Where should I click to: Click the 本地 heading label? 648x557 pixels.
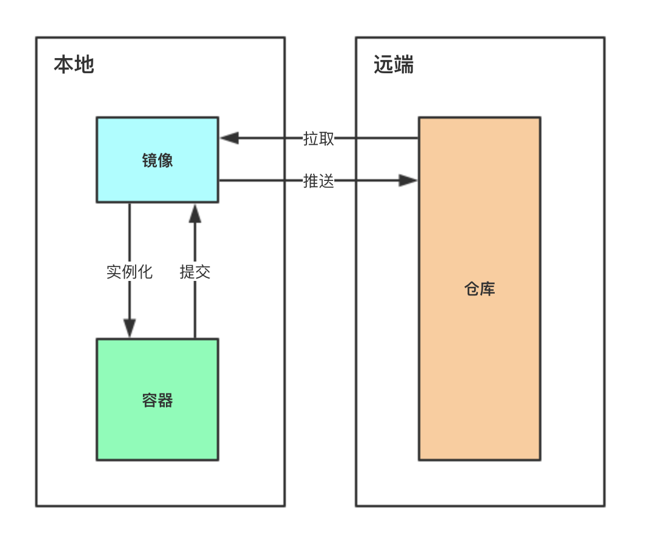(x=74, y=65)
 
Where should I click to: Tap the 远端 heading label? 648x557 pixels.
(x=394, y=65)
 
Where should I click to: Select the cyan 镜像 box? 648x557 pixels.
(x=157, y=160)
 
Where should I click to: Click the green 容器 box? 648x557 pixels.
(x=157, y=400)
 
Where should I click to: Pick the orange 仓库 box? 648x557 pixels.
(x=480, y=288)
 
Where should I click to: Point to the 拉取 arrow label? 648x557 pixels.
(x=318, y=139)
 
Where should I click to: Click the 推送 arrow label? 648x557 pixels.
(x=318, y=181)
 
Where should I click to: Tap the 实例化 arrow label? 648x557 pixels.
(x=130, y=272)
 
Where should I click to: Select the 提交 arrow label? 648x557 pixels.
(x=195, y=272)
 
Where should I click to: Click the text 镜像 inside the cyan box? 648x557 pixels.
(x=157, y=160)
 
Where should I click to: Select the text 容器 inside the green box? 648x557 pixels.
(x=157, y=400)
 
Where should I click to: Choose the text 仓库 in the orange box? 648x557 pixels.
(x=480, y=289)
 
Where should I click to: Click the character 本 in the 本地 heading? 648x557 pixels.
(x=64, y=65)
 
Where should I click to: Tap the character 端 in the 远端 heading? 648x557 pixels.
(x=404, y=65)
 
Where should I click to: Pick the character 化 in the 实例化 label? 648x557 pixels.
(x=145, y=272)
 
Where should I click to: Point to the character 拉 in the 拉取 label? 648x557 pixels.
(x=310, y=139)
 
